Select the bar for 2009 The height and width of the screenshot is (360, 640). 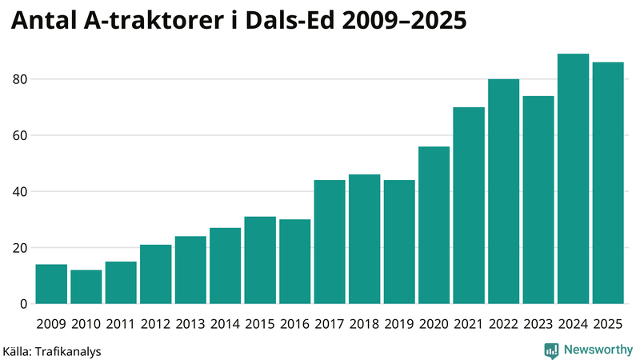pyautogui.click(x=51, y=284)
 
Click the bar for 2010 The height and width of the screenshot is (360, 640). pyautogui.click(x=86, y=286)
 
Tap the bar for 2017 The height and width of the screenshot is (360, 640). pyautogui.click(x=330, y=242)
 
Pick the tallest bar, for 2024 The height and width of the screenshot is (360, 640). pyautogui.click(x=573, y=178)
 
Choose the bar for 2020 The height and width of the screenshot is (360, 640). pyautogui.click(x=434, y=225)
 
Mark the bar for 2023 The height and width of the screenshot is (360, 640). pyautogui.click(x=538, y=200)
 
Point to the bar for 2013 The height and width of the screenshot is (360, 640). pyautogui.click(x=190, y=270)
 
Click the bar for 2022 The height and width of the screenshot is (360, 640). pyautogui.click(x=503, y=191)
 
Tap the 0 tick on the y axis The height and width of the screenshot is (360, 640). pyautogui.click(x=23, y=304)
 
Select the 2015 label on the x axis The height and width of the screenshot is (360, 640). pyautogui.click(x=260, y=323)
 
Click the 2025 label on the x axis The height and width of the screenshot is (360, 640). pyautogui.click(x=608, y=323)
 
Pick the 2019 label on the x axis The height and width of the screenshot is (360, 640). pyautogui.click(x=399, y=323)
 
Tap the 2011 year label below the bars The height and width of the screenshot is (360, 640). pyautogui.click(x=121, y=323)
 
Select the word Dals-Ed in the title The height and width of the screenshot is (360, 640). pyautogui.click(x=287, y=22)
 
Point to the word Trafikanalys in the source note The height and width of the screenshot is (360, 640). pyautogui.click(x=70, y=350)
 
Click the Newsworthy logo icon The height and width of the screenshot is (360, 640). pyautogui.click(x=551, y=350)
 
